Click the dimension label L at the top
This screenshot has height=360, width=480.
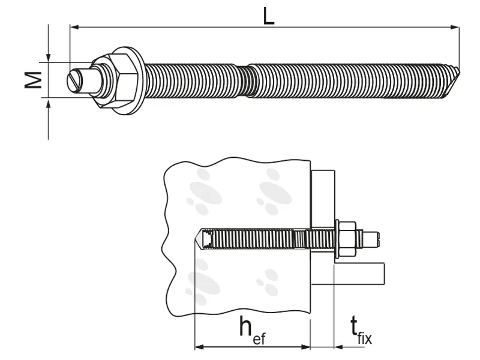pyautogui.click(x=268, y=16)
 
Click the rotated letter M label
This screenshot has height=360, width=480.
pyautogui.click(x=33, y=80)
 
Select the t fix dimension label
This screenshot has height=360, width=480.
pyautogui.click(x=361, y=331)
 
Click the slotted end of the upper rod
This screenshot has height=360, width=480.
pyautogui.click(x=76, y=80)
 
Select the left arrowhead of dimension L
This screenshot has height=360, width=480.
pyautogui.click(x=74, y=27)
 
